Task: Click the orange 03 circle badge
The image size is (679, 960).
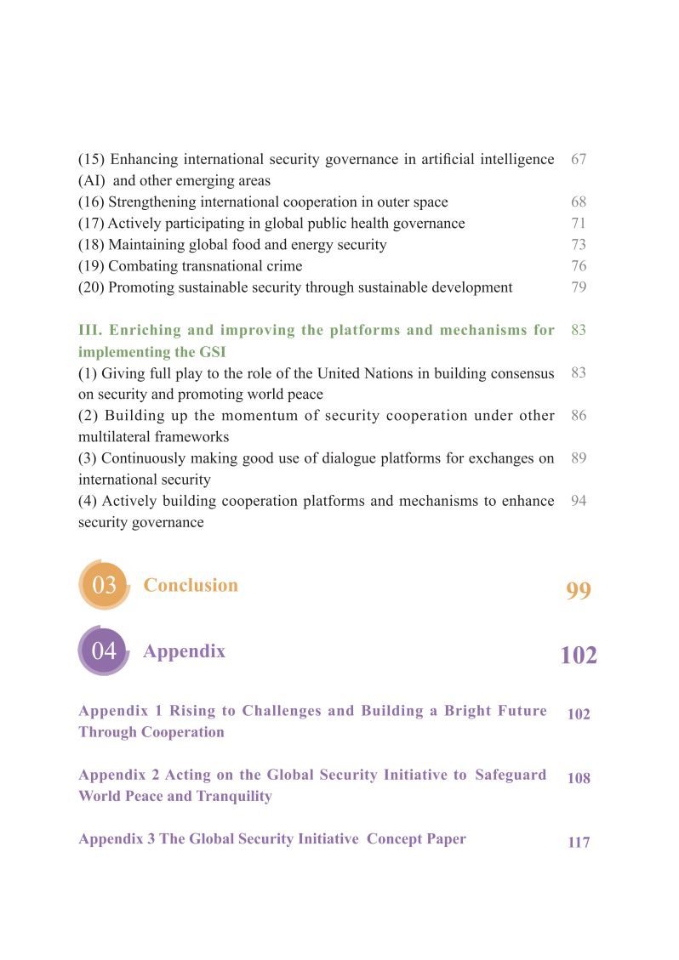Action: click(104, 585)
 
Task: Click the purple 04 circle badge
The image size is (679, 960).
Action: click(104, 651)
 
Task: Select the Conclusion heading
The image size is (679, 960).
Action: click(191, 585)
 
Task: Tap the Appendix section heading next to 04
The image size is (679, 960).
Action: click(184, 651)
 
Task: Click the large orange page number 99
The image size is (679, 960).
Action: click(579, 591)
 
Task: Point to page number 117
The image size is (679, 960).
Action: click(579, 843)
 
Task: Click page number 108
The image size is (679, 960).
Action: click(579, 778)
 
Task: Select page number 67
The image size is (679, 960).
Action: click(579, 159)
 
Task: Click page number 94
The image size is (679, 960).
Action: click(579, 501)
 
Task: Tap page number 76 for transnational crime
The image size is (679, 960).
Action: click(579, 266)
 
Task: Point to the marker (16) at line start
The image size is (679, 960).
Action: click(91, 202)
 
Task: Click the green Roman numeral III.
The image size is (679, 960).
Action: click(89, 330)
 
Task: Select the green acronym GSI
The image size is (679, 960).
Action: click(210, 352)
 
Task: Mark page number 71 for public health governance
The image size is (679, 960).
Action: click(579, 224)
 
